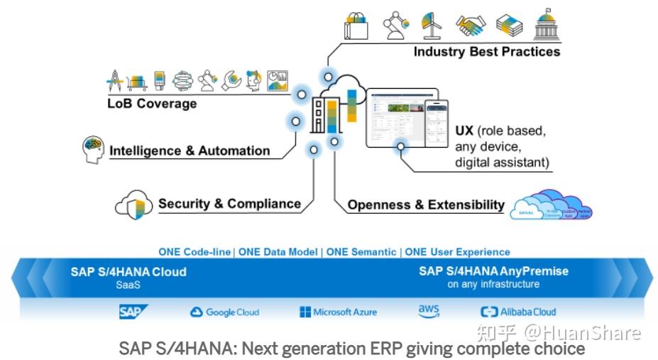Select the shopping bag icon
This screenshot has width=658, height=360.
356,26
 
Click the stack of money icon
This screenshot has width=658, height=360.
509,26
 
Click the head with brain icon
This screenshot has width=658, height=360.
93,149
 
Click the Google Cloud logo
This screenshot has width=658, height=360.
224,312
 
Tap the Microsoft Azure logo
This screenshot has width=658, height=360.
338,312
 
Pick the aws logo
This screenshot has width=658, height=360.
429,311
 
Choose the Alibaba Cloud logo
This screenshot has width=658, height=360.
518,312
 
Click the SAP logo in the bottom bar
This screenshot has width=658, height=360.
133,311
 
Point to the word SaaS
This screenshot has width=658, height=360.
128,284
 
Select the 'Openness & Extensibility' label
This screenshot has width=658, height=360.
426,205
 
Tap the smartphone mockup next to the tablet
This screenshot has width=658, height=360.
437,122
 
